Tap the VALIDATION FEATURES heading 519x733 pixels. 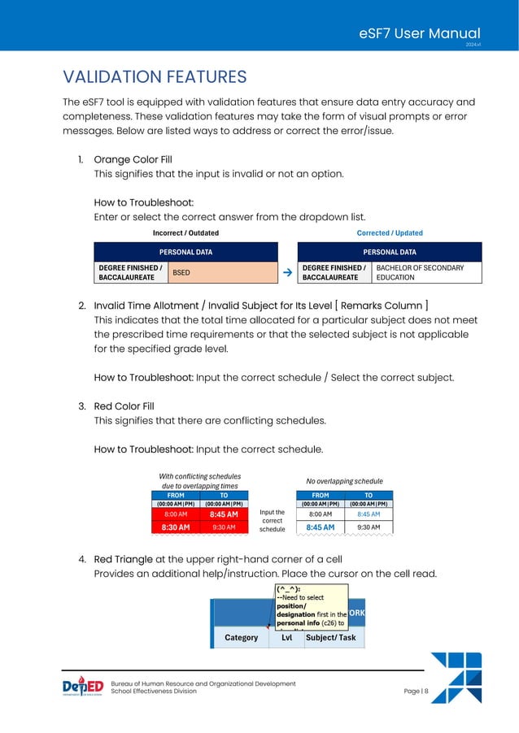[155, 77]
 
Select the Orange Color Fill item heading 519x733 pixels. [133, 159]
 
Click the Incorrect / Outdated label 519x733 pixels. [185, 232]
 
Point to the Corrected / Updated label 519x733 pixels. [390, 232]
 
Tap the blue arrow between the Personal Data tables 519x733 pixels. [288, 273]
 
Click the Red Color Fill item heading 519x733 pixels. [124, 406]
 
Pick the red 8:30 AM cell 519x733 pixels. [177, 527]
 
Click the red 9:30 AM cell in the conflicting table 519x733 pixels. [224, 527]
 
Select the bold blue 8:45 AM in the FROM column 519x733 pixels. [320, 527]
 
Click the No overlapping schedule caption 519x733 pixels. [344, 481]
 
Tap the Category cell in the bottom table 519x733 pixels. [241, 638]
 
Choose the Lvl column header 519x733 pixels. [286, 638]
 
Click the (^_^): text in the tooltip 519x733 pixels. [286, 588]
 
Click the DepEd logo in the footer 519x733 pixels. [83, 687]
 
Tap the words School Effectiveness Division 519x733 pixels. [153, 692]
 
